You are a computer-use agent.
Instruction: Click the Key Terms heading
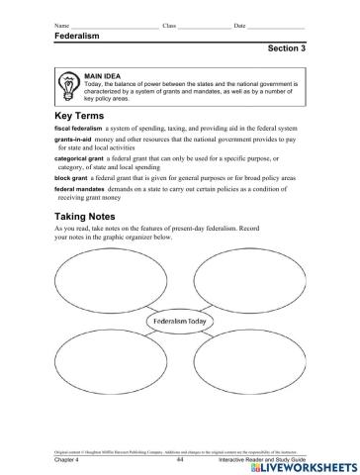80,116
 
